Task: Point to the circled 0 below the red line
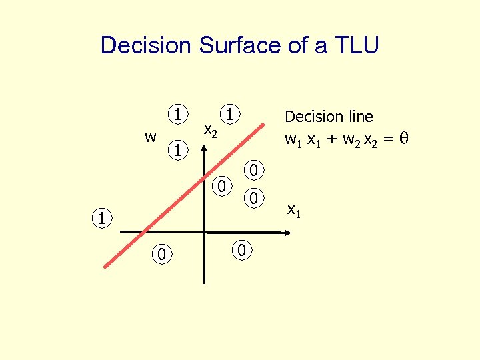click(x=161, y=253)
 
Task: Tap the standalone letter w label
click(x=151, y=137)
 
